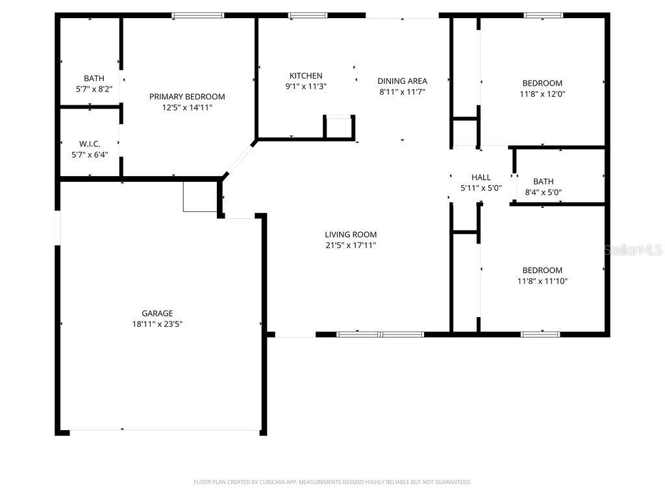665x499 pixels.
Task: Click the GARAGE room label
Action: tap(157, 313)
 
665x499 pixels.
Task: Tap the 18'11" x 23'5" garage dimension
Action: tap(157, 324)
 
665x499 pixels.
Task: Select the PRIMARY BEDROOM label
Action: tap(187, 97)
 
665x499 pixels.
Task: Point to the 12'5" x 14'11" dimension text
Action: tap(187, 108)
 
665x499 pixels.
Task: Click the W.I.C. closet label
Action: tap(90, 144)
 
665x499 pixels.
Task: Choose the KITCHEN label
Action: tap(306, 76)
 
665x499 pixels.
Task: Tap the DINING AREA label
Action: tap(402, 81)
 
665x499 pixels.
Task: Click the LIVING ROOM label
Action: tap(351, 235)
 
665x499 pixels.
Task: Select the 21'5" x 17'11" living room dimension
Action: tap(351, 246)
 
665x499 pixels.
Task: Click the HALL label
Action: tap(481, 177)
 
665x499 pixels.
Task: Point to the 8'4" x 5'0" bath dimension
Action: tap(543, 192)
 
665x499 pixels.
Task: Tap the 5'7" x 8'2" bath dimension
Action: tap(94, 90)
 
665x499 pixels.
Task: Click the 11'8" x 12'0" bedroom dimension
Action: tap(542, 94)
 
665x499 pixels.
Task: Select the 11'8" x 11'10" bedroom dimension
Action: tap(542, 281)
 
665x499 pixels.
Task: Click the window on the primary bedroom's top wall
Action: tap(198, 15)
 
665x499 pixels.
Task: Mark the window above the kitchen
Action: tap(308, 15)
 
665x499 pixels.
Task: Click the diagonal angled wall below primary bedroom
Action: tap(240, 157)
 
